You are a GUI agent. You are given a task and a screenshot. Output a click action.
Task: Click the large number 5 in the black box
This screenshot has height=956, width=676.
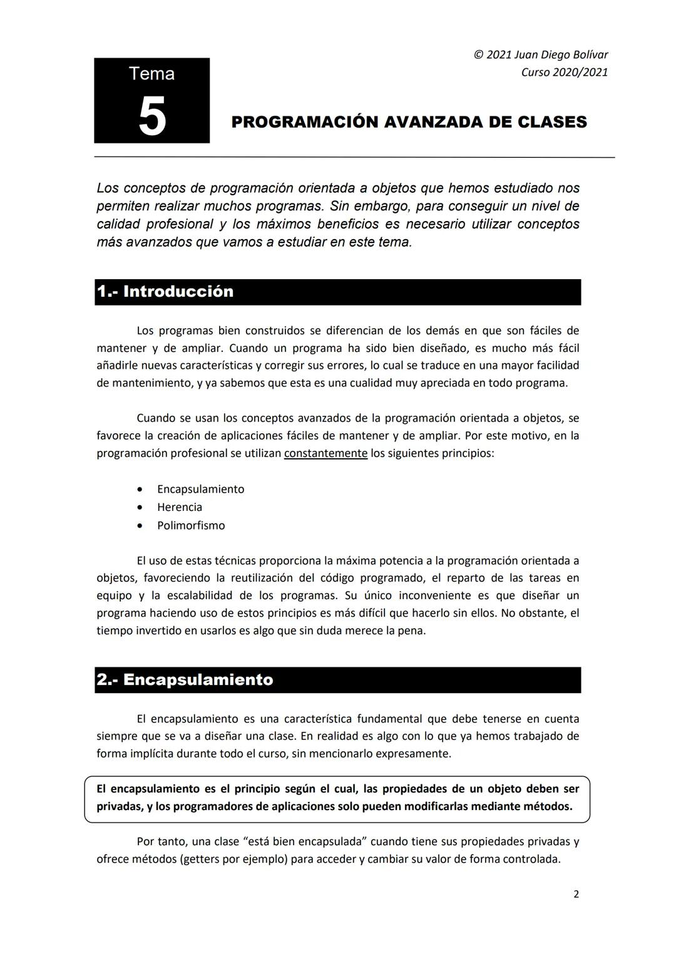pos(152,116)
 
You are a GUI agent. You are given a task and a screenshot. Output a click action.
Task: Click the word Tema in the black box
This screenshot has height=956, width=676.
pos(151,74)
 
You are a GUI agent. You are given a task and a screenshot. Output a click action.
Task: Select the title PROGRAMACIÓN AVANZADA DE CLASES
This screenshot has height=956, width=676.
pos(409,122)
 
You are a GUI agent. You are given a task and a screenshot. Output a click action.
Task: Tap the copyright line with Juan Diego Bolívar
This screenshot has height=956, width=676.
pos(541,54)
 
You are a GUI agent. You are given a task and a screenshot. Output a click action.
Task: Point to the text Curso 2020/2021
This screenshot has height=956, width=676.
pos(564,72)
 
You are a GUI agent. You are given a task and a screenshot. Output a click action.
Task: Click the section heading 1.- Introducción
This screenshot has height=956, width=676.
pos(165,292)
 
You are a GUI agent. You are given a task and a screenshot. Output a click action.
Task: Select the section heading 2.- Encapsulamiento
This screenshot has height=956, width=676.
pos(185,680)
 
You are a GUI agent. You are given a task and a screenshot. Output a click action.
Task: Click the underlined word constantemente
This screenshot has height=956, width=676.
pos(325,453)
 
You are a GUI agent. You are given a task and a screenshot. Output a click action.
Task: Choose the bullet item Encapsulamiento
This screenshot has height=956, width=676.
pos(200,489)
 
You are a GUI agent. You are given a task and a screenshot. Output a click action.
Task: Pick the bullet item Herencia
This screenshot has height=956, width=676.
pos(180,507)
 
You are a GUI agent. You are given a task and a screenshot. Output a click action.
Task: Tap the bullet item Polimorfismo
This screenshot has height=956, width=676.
pos(191,525)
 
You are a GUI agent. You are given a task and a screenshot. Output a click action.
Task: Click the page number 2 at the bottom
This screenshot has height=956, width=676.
pos(576,894)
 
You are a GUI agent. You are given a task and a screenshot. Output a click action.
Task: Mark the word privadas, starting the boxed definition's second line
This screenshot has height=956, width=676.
pos(119,806)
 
